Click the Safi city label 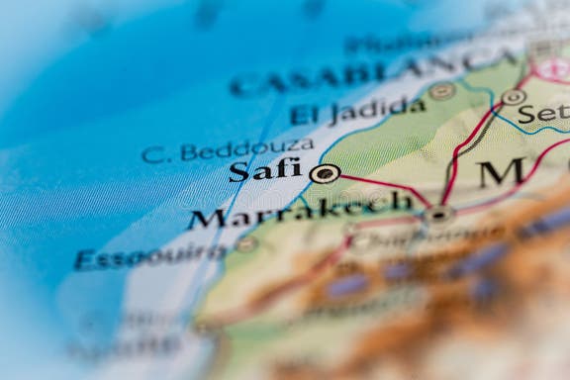tap(264, 169)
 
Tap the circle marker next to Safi tap(324, 174)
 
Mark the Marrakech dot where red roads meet tap(438, 213)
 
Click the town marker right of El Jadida tap(441, 91)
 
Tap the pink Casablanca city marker tap(553, 68)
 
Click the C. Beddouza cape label tap(227, 150)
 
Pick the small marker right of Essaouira tap(246, 243)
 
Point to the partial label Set tap(543, 114)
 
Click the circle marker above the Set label tap(513, 97)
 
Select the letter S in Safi tap(238, 172)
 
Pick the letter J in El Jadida tap(337, 114)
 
